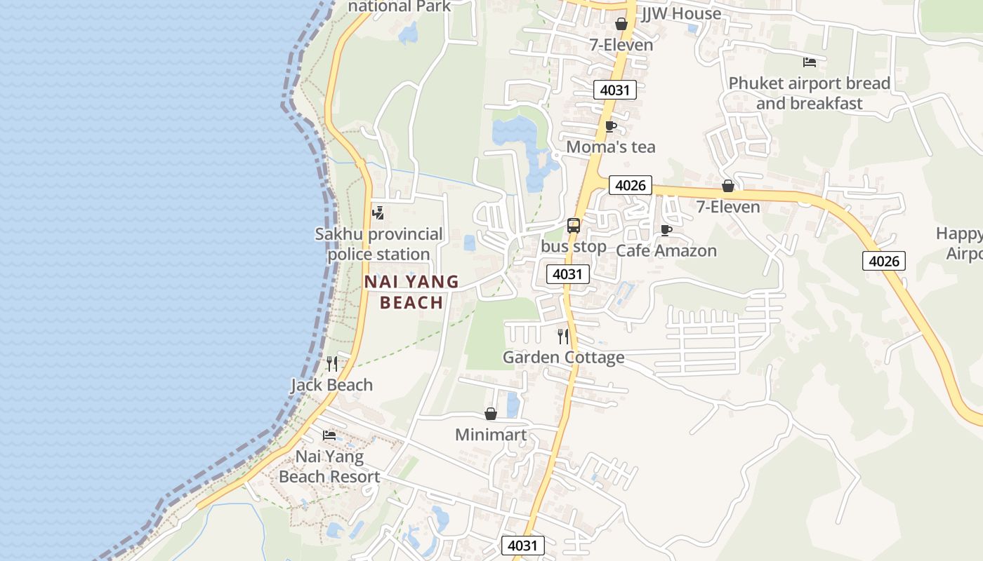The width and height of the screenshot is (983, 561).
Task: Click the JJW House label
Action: click(681, 13)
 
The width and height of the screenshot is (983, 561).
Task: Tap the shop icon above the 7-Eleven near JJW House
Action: click(621, 25)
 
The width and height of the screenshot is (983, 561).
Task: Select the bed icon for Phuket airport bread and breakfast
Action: click(810, 62)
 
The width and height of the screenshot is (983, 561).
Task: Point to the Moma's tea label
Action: click(610, 147)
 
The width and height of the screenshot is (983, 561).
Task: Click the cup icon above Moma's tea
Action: click(610, 127)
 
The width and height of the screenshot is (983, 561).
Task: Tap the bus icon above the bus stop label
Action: click(574, 226)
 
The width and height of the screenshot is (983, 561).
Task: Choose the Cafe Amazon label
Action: click(666, 250)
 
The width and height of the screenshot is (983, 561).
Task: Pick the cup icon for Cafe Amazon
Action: click(666, 230)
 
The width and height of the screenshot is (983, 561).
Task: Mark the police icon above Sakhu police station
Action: click(378, 212)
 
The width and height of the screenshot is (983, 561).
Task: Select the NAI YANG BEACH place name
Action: click(411, 292)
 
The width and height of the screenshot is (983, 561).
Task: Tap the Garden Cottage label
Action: click(563, 358)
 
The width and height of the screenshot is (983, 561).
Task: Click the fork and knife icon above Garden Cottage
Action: click(563, 337)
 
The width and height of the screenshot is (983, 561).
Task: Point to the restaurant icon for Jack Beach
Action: click(332, 364)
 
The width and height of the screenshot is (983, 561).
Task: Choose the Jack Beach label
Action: click(332, 385)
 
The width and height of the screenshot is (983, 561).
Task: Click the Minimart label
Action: click(491, 435)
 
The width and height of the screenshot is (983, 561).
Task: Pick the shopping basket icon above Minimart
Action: click(491, 414)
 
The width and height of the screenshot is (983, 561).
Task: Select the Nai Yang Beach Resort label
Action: click(329, 467)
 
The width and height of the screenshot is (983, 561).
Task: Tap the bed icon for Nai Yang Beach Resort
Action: click(329, 435)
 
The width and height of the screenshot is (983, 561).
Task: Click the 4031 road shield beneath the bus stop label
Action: click(567, 274)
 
